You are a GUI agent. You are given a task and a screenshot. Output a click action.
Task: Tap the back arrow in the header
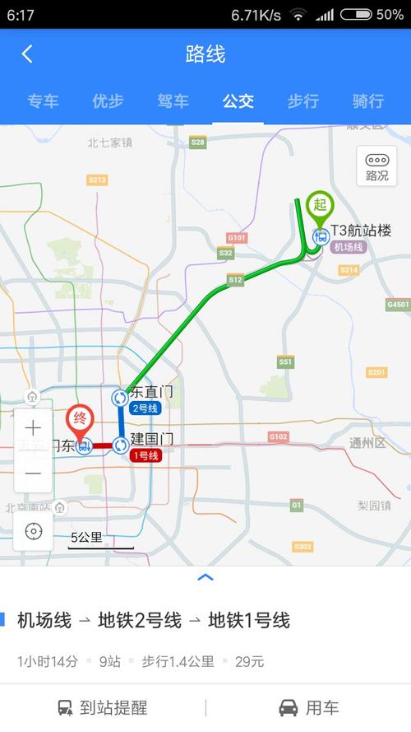(x=27, y=54)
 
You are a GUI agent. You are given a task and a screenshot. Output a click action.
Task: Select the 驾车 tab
(x=173, y=101)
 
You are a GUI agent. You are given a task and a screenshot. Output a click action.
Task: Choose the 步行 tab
(x=302, y=101)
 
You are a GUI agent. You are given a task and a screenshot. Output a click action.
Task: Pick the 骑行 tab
(x=367, y=101)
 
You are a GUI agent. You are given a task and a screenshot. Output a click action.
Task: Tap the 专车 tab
(x=43, y=101)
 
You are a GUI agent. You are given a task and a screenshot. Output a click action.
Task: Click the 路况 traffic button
(x=376, y=166)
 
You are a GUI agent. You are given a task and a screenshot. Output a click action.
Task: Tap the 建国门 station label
(x=151, y=439)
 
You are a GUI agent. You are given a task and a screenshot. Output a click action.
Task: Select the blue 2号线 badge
(x=145, y=408)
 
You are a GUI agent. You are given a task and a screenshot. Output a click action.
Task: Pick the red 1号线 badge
(x=145, y=455)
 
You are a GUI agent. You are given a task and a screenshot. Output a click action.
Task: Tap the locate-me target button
(x=33, y=531)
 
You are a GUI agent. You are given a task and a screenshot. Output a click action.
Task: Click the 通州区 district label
(x=367, y=443)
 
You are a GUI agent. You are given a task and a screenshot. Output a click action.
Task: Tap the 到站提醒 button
(x=103, y=707)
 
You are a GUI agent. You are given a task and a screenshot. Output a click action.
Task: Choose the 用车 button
(x=308, y=707)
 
